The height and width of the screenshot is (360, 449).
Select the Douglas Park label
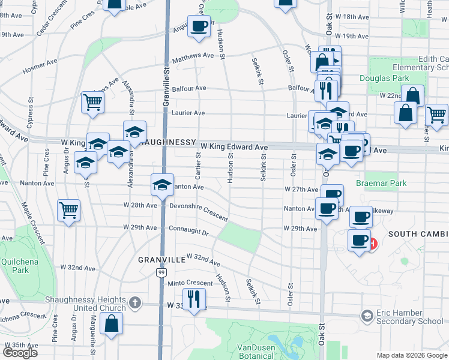384,79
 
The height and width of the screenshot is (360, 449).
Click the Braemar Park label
381,183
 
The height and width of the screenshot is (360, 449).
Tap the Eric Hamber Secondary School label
410,317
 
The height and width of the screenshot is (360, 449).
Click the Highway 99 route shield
161,272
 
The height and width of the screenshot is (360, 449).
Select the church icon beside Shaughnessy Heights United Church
135,303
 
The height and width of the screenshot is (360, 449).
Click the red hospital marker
374,244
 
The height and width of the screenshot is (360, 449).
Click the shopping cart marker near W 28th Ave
68,210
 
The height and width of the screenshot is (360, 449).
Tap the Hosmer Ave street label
40,67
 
